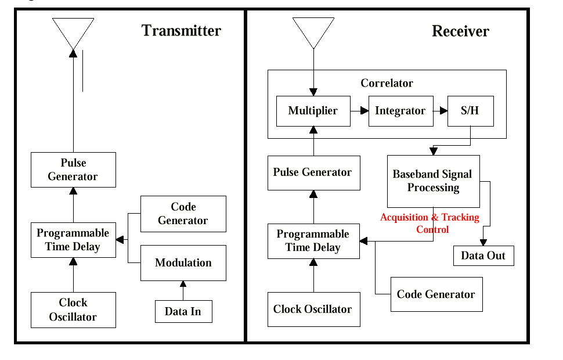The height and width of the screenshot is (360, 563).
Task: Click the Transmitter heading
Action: (181, 31)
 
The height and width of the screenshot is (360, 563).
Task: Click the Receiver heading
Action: (460, 31)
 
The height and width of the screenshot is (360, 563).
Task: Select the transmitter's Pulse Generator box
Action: (73, 170)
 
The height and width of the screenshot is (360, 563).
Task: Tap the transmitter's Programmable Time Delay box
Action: (73, 240)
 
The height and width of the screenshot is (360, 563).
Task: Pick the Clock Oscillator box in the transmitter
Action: (73, 310)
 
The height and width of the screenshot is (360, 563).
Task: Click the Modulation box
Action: (183, 263)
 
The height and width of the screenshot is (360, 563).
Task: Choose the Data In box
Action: (183, 312)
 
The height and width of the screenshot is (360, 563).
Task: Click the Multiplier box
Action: (313, 111)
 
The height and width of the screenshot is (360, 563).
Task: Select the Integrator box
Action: (400, 111)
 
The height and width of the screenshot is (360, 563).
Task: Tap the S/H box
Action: (470, 111)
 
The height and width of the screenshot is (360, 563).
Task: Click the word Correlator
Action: (387, 83)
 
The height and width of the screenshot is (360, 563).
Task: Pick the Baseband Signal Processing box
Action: (433, 181)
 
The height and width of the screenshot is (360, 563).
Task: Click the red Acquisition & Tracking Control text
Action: (430, 224)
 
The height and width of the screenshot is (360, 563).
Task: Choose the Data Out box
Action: (483, 256)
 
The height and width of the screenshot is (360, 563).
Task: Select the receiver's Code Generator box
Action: (436, 294)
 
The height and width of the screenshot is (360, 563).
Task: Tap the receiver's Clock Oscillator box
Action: (313, 309)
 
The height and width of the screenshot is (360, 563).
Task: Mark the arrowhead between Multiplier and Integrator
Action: (364, 111)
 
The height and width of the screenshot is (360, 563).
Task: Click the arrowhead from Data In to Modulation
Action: (183, 285)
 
